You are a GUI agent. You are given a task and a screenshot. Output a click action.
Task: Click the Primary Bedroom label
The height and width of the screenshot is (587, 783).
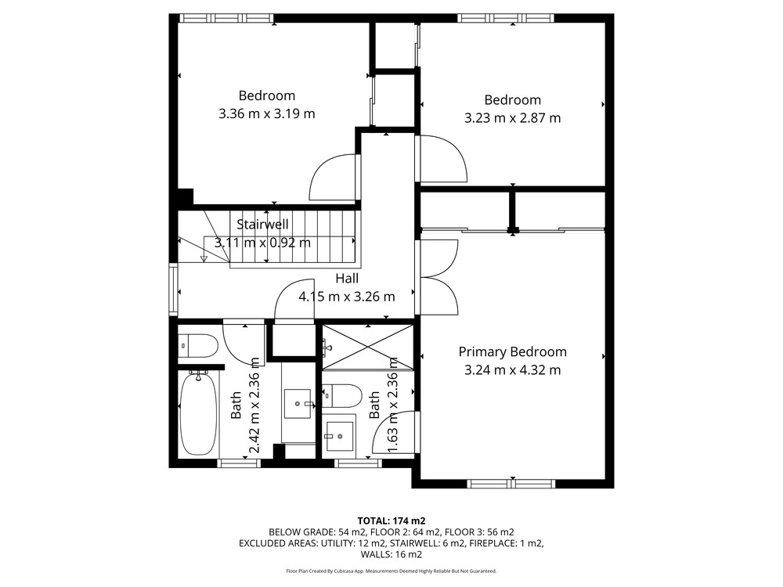tap(512, 352)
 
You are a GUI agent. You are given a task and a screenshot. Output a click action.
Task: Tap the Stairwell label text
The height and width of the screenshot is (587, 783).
tap(262, 224)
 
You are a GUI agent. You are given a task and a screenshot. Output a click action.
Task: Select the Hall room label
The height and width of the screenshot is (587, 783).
tap(347, 278)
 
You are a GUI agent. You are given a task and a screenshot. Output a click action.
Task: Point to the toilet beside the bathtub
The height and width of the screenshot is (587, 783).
tap(198, 345)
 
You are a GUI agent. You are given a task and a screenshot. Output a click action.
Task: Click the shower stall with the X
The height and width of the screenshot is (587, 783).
tap(368, 347)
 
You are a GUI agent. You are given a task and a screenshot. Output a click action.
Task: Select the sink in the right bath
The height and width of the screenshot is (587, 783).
tap(339, 436)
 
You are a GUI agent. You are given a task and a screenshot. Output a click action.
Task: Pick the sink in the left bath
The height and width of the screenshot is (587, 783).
tap(298, 403)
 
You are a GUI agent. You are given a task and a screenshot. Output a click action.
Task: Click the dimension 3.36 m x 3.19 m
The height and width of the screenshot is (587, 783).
tap(267, 113)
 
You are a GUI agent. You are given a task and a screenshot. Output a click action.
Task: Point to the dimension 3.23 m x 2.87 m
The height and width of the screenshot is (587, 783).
tap(512, 118)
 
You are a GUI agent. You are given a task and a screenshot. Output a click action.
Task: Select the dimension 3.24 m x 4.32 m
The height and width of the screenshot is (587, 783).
tap(512, 370)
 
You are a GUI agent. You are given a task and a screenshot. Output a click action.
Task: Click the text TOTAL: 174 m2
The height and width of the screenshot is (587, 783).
tap(391, 521)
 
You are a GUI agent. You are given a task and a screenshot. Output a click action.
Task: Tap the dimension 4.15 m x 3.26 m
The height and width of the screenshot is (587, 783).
tap(347, 297)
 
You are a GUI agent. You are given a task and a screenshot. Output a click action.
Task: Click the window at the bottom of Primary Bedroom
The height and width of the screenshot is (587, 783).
tap(511, 483)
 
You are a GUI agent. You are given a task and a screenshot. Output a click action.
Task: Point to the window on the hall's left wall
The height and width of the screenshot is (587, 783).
tap(173, 290)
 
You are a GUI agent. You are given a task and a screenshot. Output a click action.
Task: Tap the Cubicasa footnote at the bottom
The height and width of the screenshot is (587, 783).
tap(391, 571)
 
